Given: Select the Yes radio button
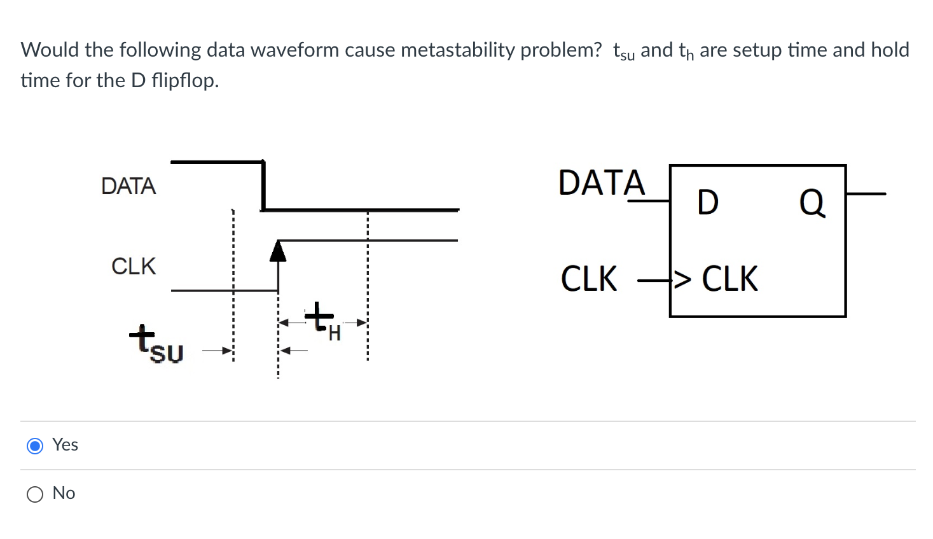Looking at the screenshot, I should pyautogui.click(x=35, y=445).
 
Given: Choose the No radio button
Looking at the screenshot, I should pyautogui.click(x=35, y=494).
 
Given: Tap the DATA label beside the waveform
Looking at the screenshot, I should pyautogui.click(x=128, y=186).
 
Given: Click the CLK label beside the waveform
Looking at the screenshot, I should pyautogui.click(x=134, y=266).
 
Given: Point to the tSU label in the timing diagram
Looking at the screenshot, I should pyautogui.click(x=156, y=344).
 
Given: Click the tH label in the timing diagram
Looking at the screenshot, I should pyautogui.click(x=323, y=323).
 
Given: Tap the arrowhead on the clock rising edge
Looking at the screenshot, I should pyautogui.click(x=278, y=251).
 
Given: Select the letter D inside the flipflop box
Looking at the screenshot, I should pyautogui.click(x=707, y=203).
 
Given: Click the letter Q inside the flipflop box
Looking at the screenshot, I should pyautogui.click(x=812, y=203).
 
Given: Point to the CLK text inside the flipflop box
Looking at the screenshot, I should pyautogui.click(x=729, y=279).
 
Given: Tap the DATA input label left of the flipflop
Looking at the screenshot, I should pyautogui.click(x=601, y=183).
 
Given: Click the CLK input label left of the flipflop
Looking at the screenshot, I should pyautogui.click(x=589, y=279).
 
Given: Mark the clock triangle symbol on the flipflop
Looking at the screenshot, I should pyautogui.click(x=682, y=279).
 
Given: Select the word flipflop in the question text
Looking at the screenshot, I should pyautogui.click(x=185, y=80).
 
